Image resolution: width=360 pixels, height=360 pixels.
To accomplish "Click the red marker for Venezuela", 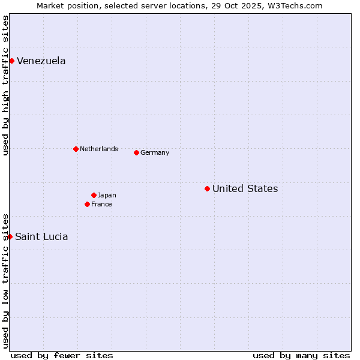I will click(11, 61).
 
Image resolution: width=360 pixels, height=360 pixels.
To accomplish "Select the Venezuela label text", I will click(41, 61).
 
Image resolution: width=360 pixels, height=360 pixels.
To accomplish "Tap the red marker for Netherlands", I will click(76, 149).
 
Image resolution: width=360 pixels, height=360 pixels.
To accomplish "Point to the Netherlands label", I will click(99, 149).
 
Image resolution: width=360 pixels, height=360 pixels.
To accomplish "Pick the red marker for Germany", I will click(136, 152).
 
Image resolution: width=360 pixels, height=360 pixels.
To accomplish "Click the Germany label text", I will click(155, 152).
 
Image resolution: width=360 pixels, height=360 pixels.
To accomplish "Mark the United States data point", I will click(207, 188).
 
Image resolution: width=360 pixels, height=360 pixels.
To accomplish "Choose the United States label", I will click(245, 189).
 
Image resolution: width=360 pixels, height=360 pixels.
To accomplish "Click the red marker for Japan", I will click(94, 195).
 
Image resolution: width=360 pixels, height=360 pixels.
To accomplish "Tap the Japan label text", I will click(107, 195).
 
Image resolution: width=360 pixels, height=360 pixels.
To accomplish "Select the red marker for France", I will click(87, 204).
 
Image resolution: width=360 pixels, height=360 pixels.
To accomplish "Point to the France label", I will click(101, 204).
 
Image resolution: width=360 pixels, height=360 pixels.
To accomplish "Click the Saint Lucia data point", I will click(10, 236).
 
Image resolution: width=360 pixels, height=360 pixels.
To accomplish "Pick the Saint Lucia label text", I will click(41, 237).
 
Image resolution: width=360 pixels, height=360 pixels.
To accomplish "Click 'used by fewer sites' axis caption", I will click(62, 355).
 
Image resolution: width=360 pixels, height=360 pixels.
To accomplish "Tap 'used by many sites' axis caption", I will click(301, 355).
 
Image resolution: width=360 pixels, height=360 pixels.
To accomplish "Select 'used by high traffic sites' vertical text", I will click(5, 86).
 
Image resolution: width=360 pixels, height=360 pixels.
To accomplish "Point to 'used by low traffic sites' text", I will click(5, 280).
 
